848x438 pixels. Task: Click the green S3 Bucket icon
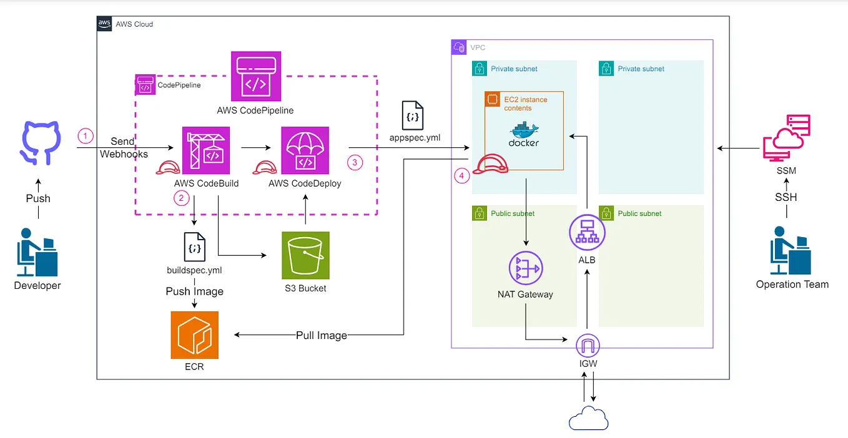pos(305,255)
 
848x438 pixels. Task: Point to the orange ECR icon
pos(195,335)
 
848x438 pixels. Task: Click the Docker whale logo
pos(523,134)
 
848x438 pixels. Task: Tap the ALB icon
pos(587,233)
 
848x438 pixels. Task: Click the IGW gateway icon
pos(587,344)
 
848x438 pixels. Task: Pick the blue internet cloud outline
pos(588,418)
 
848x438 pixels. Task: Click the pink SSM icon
pos(786,138)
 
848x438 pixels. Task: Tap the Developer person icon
pos(37,252)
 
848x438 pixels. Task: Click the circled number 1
pos(86,135)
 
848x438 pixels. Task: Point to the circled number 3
pos(354,162)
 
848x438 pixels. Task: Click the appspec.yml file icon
pos(412,116)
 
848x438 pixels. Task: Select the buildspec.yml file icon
pos(194,246)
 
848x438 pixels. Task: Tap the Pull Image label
pos(321,336)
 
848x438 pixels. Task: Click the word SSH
pos(786,197)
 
